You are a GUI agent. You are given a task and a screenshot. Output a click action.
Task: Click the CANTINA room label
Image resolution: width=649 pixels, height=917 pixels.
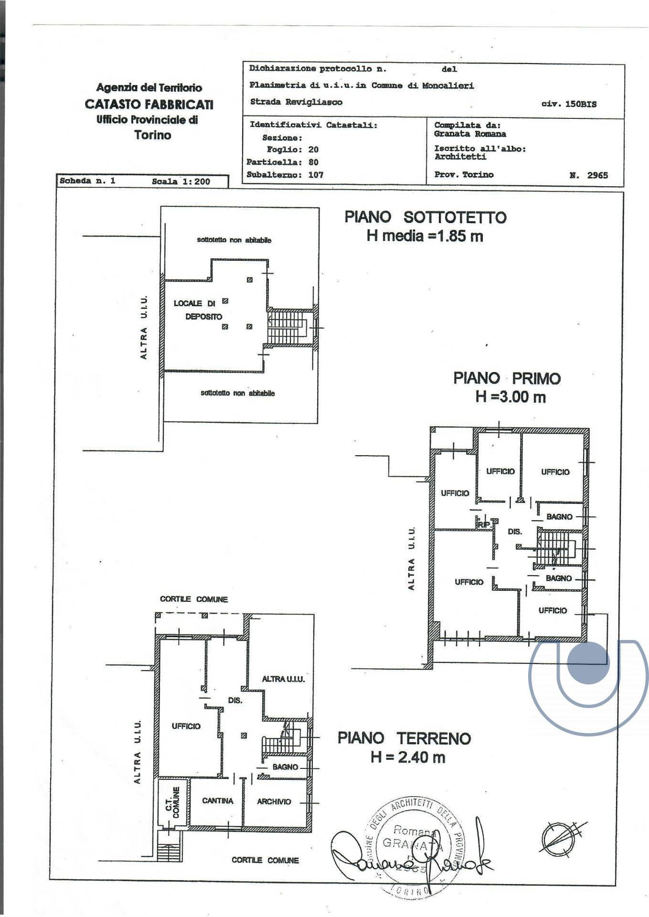[217, 800]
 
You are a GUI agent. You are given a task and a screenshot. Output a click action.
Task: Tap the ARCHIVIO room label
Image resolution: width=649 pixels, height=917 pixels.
[274, 801]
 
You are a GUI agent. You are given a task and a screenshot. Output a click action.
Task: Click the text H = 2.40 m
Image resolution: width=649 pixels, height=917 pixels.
[408, 757]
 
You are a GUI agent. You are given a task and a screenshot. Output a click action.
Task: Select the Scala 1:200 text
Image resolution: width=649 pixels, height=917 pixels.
[181, 181]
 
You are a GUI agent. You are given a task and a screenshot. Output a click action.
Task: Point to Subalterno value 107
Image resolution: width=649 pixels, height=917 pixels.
[316, 175]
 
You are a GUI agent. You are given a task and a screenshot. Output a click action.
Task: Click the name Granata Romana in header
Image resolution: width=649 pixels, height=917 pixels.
[470, 134]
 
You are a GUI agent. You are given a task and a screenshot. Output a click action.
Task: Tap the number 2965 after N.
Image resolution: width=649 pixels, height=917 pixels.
[597, 175]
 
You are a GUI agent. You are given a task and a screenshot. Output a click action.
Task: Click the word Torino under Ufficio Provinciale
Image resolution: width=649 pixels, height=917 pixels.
[152, 135]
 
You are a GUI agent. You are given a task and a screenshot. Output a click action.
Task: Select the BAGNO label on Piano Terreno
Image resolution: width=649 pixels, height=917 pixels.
[285, 767]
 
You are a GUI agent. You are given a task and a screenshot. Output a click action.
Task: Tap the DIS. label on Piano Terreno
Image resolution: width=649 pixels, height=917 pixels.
[235, 701]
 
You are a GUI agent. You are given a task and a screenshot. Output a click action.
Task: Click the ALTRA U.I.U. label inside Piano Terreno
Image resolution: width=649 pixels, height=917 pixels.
[283, 679]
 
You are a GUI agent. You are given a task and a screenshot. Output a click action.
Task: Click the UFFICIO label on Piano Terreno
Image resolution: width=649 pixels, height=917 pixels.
[186, 726]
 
